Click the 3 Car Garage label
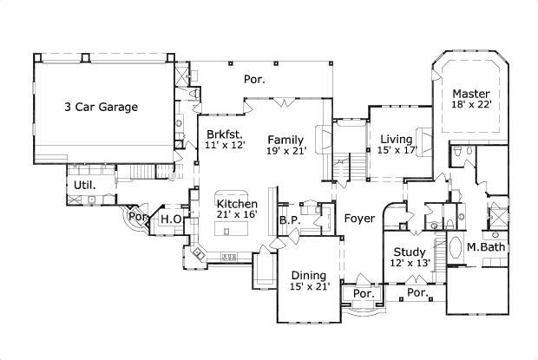pos(101,108)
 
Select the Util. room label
pos(84,185)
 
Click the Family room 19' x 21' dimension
pos(286,150)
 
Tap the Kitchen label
pos(237,204)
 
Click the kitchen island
pos(230,232)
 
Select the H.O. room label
pos(171,219)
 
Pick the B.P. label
pos(289,220)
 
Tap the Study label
pos(408,252)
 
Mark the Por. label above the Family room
pos(253,79)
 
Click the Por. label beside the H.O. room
pos(137,216)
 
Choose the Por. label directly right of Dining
pos(363,294)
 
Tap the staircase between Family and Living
pos(351,164)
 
